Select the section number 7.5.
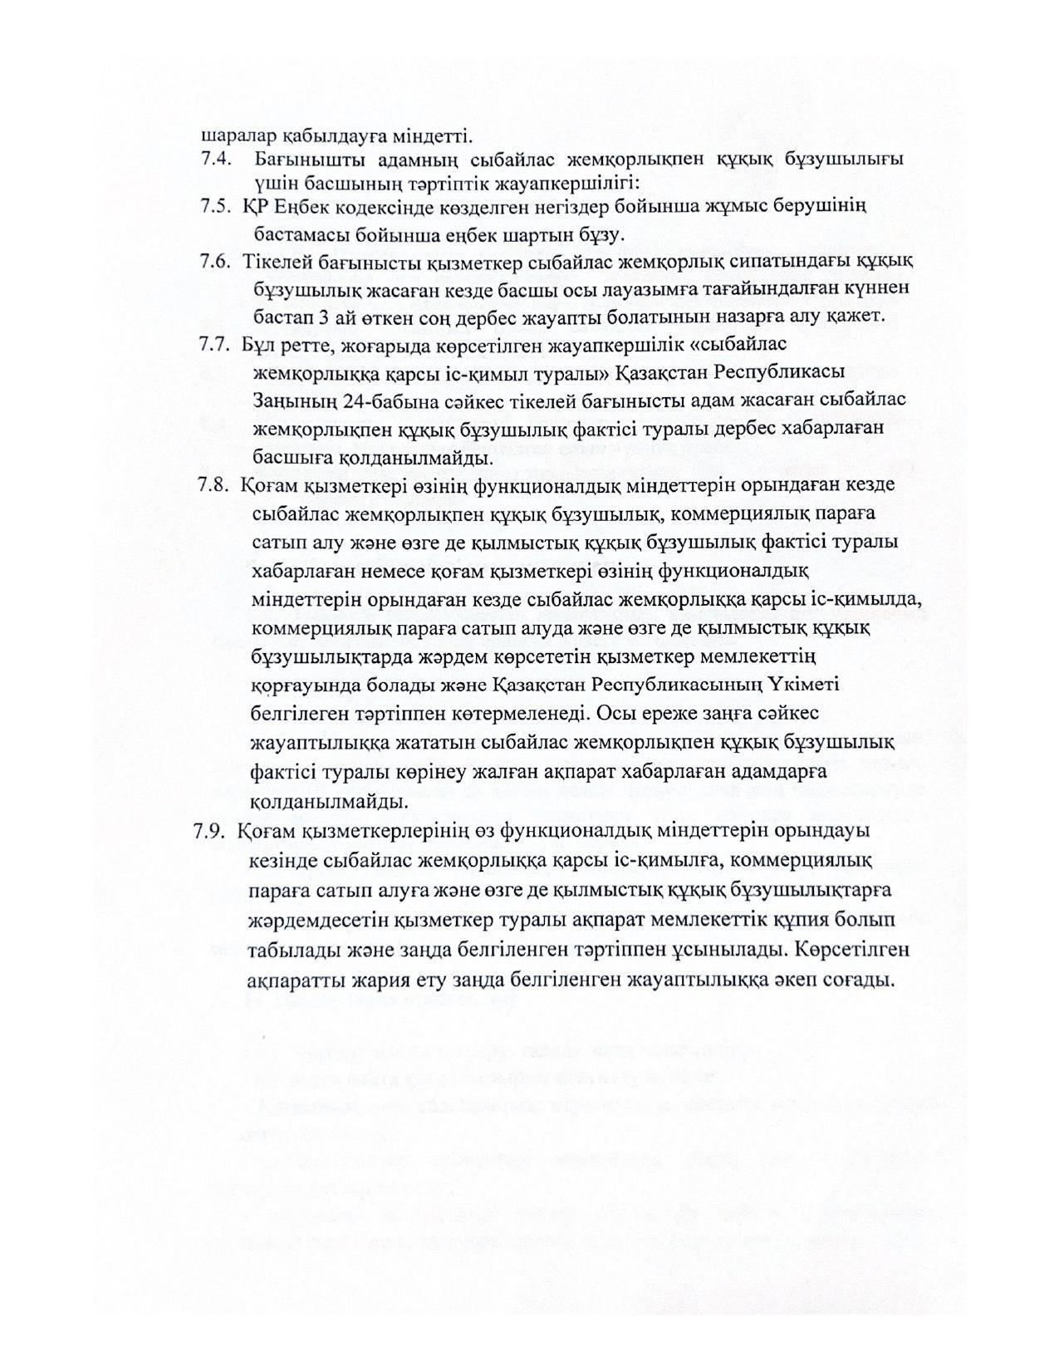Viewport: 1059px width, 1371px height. [215, 207]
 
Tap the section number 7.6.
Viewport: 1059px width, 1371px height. [215, 261]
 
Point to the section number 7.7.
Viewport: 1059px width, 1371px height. [215, 344]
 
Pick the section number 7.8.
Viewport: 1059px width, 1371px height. [213, 485]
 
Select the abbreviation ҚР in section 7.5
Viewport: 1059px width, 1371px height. [254, 207]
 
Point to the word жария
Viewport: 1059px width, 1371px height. [390, 979]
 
